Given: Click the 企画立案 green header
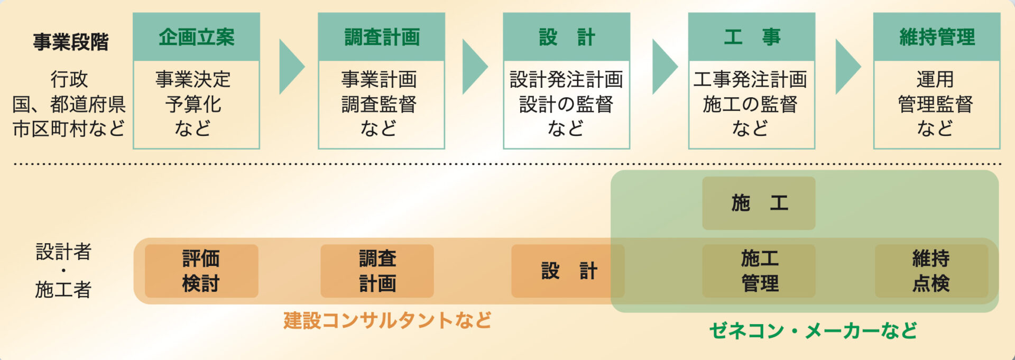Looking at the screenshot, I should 196,37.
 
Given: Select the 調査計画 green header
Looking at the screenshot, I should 381,37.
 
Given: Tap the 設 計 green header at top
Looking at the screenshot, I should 566,37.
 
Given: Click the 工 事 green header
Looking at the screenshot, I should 751,37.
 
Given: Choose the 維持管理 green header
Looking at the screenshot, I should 936,37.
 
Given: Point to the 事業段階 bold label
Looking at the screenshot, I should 70,42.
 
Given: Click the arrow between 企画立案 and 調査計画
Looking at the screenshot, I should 290,67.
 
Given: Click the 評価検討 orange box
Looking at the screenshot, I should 201,271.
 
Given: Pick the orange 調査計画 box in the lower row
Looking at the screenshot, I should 377,271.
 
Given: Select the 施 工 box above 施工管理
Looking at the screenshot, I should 759,203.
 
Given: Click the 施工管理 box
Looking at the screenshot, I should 759,271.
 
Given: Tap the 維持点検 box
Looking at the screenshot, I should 931,271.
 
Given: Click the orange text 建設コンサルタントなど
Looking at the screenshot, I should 387,320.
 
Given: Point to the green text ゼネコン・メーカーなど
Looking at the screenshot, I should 813,331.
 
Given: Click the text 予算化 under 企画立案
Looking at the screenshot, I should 193,104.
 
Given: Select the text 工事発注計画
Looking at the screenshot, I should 750,80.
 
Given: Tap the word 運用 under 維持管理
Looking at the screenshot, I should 935,80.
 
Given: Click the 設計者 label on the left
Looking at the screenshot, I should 63,252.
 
